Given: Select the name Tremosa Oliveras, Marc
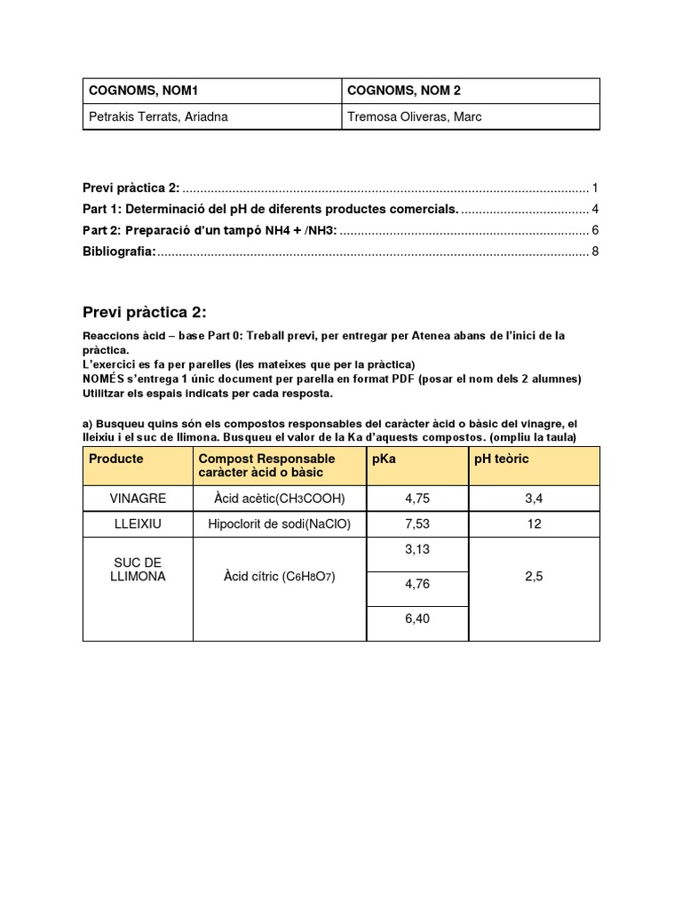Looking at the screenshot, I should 415,116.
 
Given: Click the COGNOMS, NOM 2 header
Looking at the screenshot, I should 404,91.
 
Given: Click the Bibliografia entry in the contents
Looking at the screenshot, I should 119,251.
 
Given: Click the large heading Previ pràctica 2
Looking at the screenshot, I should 145,311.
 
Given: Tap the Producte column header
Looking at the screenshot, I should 115,459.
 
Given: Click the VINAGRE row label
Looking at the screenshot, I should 138,499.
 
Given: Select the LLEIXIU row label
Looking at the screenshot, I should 138,524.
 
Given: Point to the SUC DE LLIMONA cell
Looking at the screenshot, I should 138,570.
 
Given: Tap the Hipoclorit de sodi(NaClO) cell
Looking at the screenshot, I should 280,524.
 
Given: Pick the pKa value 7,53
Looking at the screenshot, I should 416,524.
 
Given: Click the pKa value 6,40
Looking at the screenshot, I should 416,619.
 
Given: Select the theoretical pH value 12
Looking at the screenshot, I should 534,524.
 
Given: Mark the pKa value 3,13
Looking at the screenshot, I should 416,550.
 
